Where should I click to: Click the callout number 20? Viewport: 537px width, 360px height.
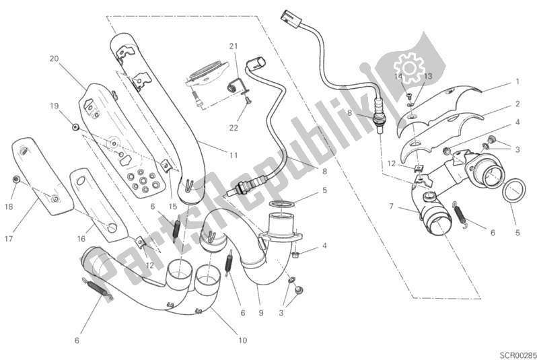54,59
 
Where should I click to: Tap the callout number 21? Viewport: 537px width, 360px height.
234,46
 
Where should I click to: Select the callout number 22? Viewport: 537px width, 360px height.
234,128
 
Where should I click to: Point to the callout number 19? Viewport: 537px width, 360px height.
54,106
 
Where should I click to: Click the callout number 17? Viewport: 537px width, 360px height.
9,238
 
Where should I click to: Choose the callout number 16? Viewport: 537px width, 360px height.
81,239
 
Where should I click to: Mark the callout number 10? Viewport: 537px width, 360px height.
242,340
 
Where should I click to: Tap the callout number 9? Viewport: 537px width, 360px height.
261,312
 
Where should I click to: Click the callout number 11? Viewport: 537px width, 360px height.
234,155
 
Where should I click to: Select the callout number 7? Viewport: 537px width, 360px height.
391,206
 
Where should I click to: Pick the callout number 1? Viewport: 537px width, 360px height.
517,81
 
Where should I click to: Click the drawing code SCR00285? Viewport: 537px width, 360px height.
517,354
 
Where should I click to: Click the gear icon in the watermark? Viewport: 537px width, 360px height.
409,67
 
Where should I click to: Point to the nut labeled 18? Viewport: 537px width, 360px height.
15,179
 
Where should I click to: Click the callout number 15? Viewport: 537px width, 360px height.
173,207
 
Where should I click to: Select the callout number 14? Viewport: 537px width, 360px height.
398,76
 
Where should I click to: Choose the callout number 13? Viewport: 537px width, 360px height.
428,76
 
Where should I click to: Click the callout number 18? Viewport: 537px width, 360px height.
9,207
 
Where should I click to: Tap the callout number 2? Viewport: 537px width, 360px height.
517,104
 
